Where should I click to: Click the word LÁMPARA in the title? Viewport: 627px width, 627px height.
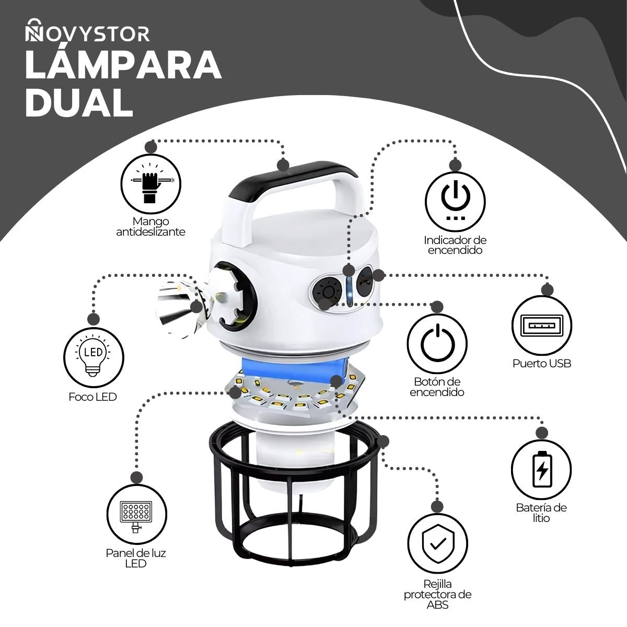(x=123, y=65)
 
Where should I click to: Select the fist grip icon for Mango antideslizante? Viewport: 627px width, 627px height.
(x=150, y=183)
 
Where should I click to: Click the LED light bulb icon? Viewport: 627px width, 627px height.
(x=94, y=357)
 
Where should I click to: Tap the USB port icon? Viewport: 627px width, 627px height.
(x=541, y=325)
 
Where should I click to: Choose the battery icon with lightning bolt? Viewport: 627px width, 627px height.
(x=541, y=470)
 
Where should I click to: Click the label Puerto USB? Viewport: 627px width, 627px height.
(x=542, y=364)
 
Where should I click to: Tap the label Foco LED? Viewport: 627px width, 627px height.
(x=92, y=397)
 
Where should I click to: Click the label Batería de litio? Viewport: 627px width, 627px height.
(x=541, y=513)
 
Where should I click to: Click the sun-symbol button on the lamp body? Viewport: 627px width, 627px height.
(x=327, y=293)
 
